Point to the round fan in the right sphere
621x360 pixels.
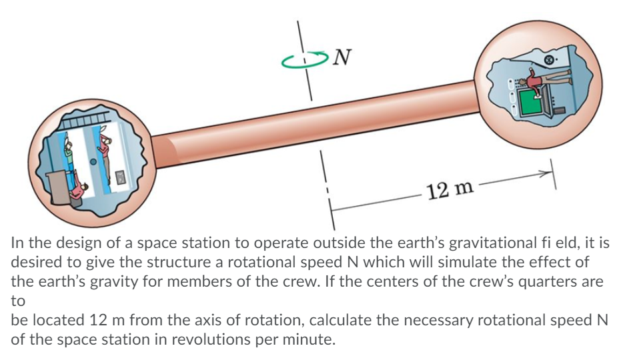pyautogui.click(x=550, y=61)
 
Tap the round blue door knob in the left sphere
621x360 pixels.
pyautogui.click(x=94, y=161)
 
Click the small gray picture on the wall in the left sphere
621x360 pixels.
pyautogui.click(x=121, y=177)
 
